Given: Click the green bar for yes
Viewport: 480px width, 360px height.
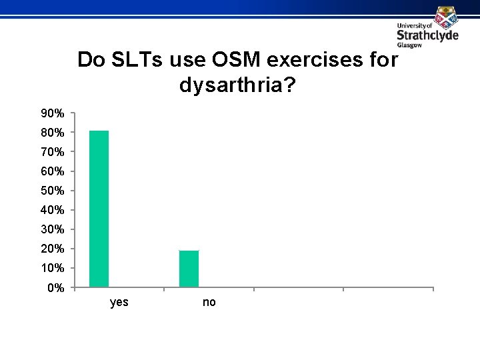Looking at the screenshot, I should pos(99,209).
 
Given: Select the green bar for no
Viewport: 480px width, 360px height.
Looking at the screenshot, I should pos(189,269).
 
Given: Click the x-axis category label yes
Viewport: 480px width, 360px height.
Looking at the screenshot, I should pos(119,303).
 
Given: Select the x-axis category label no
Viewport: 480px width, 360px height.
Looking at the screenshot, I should pos(209,303).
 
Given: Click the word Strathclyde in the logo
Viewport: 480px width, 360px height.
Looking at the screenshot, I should pos(427,35).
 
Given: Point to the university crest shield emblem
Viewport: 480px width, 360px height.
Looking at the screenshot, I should pos(445,15).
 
